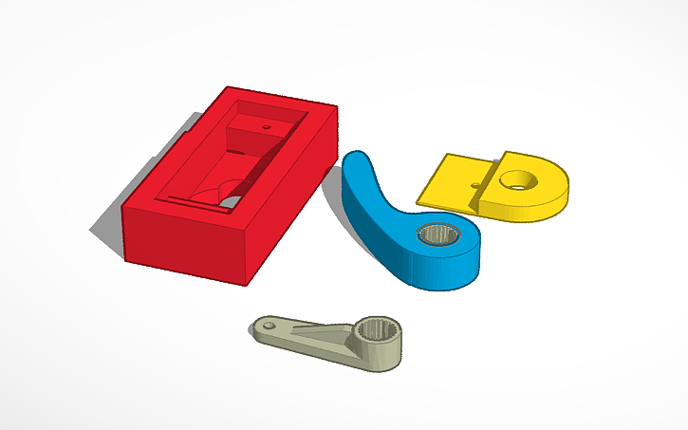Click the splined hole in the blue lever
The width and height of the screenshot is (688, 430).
click(437, 234)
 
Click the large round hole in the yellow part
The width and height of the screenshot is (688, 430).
click(519, 178)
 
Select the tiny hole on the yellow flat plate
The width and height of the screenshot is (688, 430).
click(474, 184)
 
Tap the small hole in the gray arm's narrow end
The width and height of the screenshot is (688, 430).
click(270, 327)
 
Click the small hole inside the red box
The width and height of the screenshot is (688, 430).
click(267, 124)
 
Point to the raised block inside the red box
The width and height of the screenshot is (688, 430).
click(254, 129)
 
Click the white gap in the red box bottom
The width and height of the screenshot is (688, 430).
click(231, 201)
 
